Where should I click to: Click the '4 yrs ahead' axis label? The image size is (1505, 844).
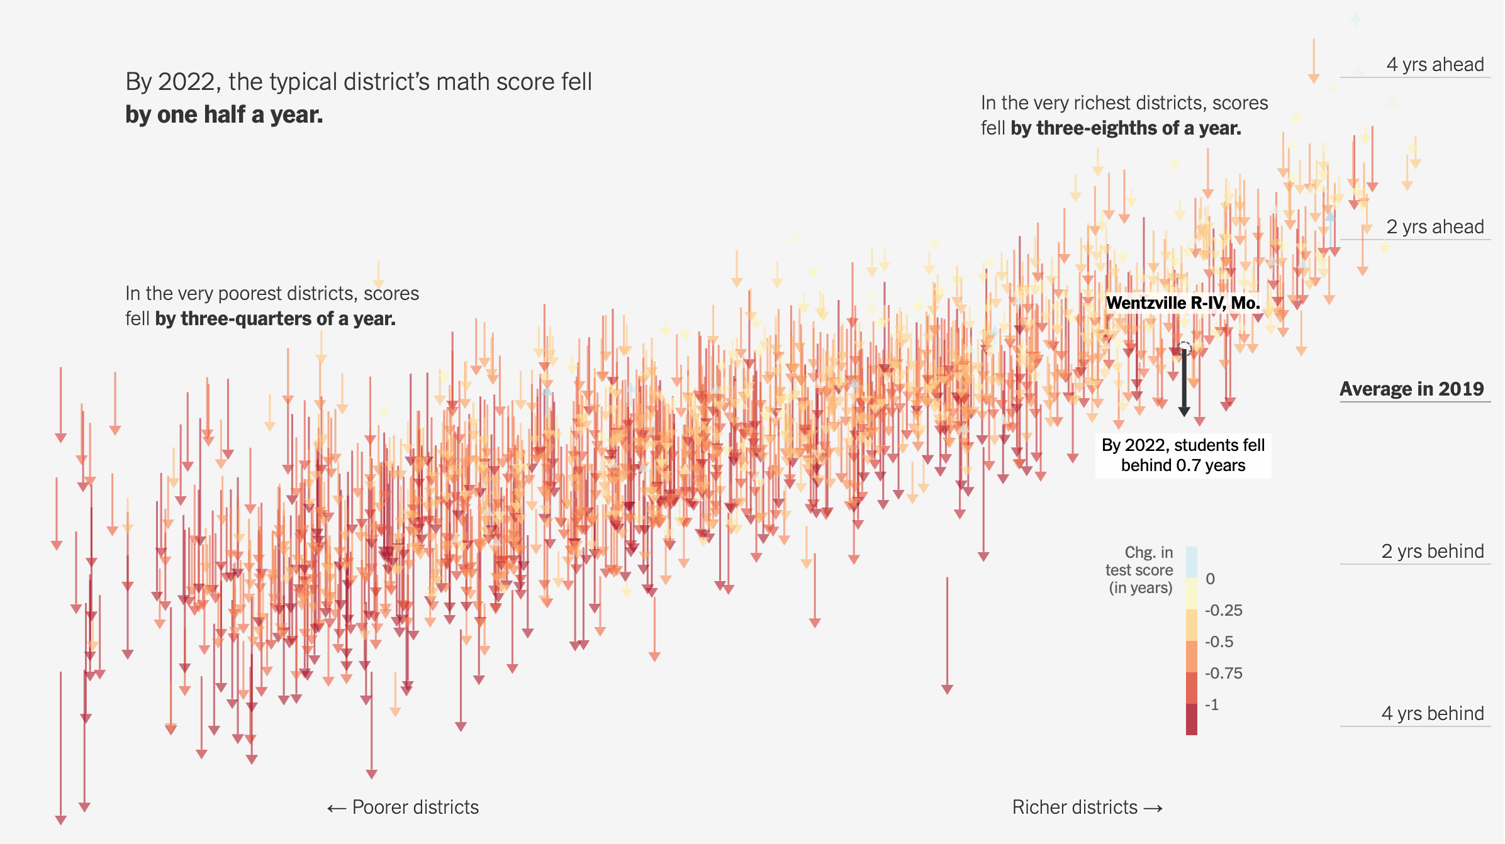(1435, 65)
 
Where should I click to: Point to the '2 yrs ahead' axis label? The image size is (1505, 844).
(1435, 227)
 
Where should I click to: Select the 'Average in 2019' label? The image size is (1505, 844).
(1412, 389)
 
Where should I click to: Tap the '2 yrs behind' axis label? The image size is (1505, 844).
(1432, 552)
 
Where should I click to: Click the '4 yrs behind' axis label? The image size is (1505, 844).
(1432, 714)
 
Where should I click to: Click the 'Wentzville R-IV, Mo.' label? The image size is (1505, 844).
(1183, 303)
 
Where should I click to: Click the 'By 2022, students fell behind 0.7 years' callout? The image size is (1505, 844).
(1183, 455)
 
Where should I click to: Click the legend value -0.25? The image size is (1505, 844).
(1223, 611)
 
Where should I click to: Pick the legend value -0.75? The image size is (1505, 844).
(1223, 674)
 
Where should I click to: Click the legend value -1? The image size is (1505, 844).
(1212, 705)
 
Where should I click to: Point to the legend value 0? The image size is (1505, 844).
(1210, 579)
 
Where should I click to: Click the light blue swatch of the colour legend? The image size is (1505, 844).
(1192, 562)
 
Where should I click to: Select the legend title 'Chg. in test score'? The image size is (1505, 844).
(1139, 561)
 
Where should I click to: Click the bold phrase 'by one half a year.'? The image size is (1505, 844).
(224, 115)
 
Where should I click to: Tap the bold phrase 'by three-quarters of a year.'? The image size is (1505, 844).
(276, 319)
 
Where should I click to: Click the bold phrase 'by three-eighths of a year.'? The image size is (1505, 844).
(1126, 128)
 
